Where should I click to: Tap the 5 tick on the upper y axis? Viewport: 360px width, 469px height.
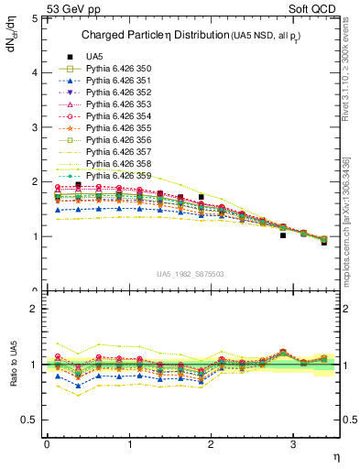[34, 17]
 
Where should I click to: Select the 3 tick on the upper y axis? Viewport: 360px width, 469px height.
[34, 126]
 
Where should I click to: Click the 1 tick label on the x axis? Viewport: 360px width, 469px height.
[128, 444]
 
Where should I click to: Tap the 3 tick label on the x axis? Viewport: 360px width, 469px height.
[292, 444]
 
